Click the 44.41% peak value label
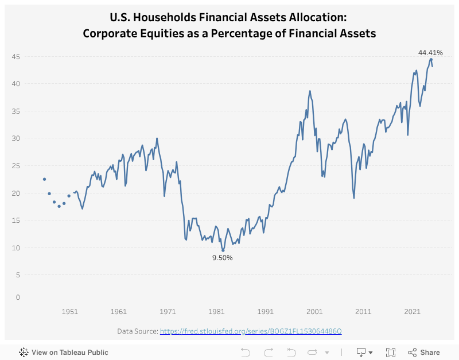click(x=430, y=53)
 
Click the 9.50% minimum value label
click(x=223, y=258)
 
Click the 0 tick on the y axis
click(x=18, y=297)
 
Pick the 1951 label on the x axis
click(x=70, y=311)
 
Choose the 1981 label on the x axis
click(x=216, y=311)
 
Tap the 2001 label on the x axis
click(x=314, y=311)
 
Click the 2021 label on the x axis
click(x=412, y=311)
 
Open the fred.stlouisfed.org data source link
click(x=251, y=331)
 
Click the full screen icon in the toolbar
click(x=391, y=352)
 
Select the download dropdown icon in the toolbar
click(x=364, y=352)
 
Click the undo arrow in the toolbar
click(x=246, y=352)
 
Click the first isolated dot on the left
click(x=44, y=179)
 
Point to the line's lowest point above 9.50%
click(x=223, y=250)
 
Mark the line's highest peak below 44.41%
click(x=431, y=59)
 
